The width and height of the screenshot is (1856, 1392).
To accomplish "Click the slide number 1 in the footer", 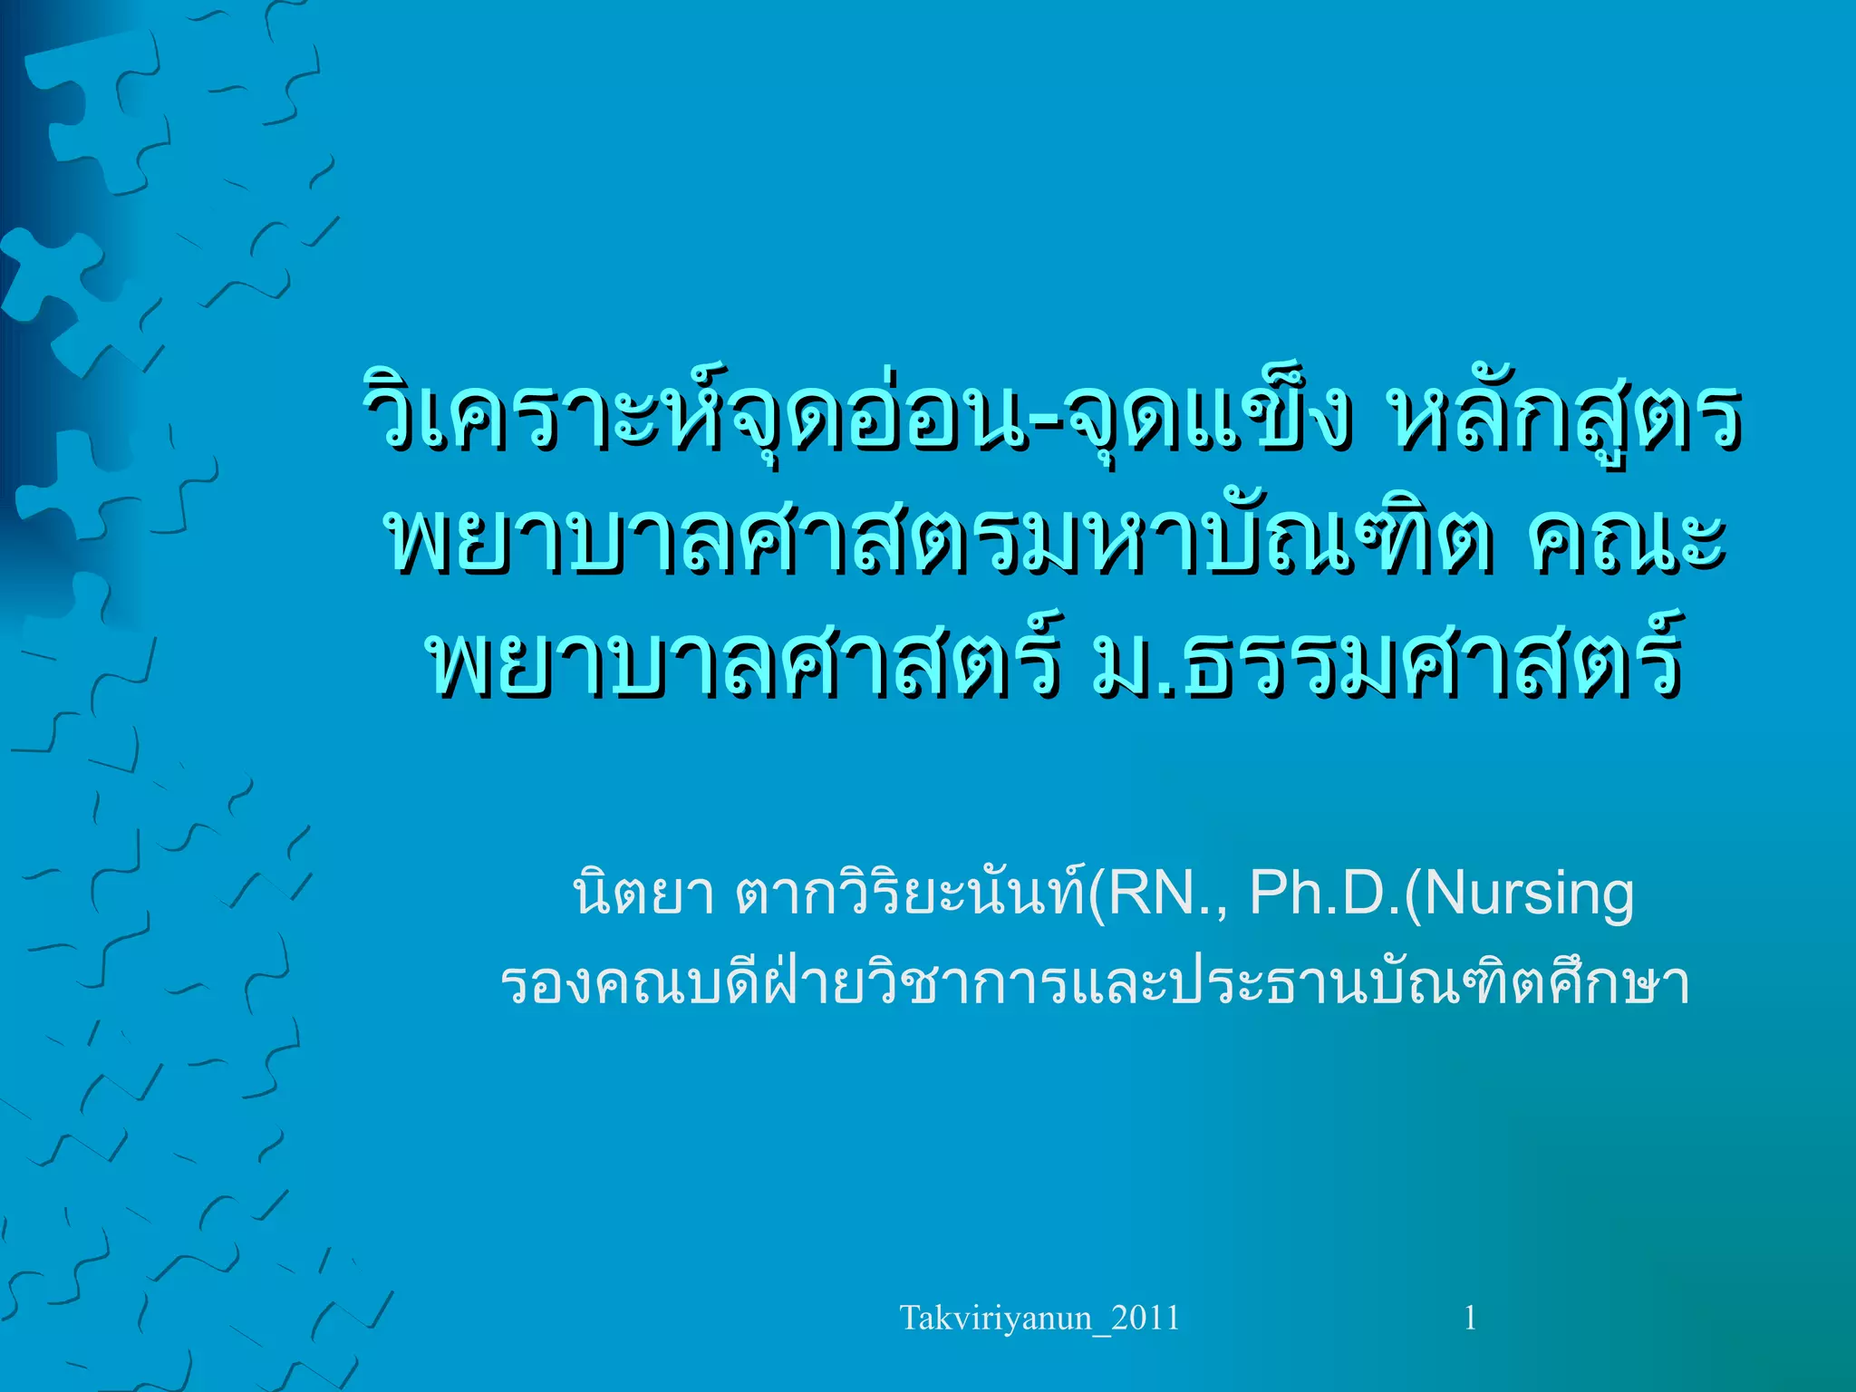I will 1470,1318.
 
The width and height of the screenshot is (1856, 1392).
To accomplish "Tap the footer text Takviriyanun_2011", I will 1039,1318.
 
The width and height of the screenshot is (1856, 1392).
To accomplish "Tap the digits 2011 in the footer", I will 1145,1318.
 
